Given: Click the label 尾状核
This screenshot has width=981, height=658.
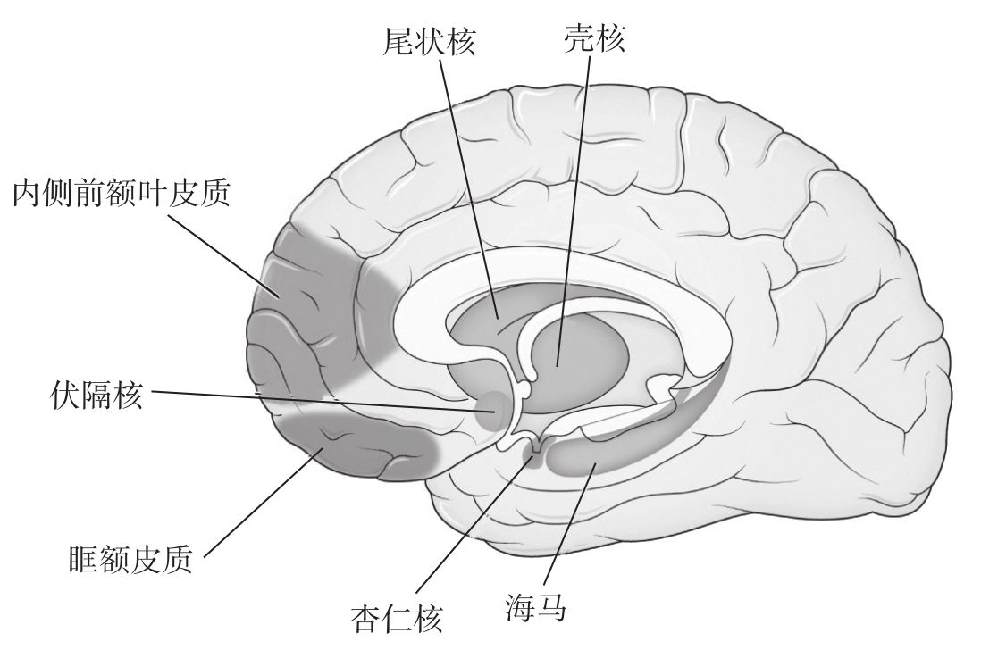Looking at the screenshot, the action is [x=429, y=42].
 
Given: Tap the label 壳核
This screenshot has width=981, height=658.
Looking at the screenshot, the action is [x=594, y=38].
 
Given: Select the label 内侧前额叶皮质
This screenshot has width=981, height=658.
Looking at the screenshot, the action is [x=122, y=193].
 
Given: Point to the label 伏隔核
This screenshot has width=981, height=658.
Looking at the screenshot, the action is [x=96, y=396].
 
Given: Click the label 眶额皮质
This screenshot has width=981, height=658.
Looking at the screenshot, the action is [x=130, y=560].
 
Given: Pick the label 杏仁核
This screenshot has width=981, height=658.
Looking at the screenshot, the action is [x=396, y=619].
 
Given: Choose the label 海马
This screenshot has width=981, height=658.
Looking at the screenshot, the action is [x=537, y=607].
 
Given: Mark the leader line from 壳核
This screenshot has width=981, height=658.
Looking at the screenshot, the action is [x=572, y=211].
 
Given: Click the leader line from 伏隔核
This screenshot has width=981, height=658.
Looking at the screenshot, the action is [x=324, y=402].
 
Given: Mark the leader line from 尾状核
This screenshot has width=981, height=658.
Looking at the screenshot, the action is [x=468, y=189].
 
